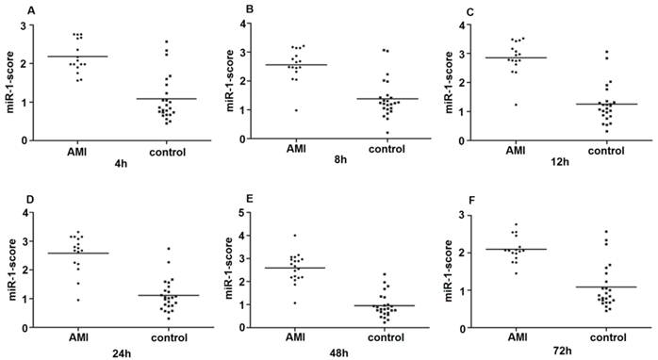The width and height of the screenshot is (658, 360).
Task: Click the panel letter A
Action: click(x=31, y=11)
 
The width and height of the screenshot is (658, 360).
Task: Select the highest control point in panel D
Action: click(x=167, y=249)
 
